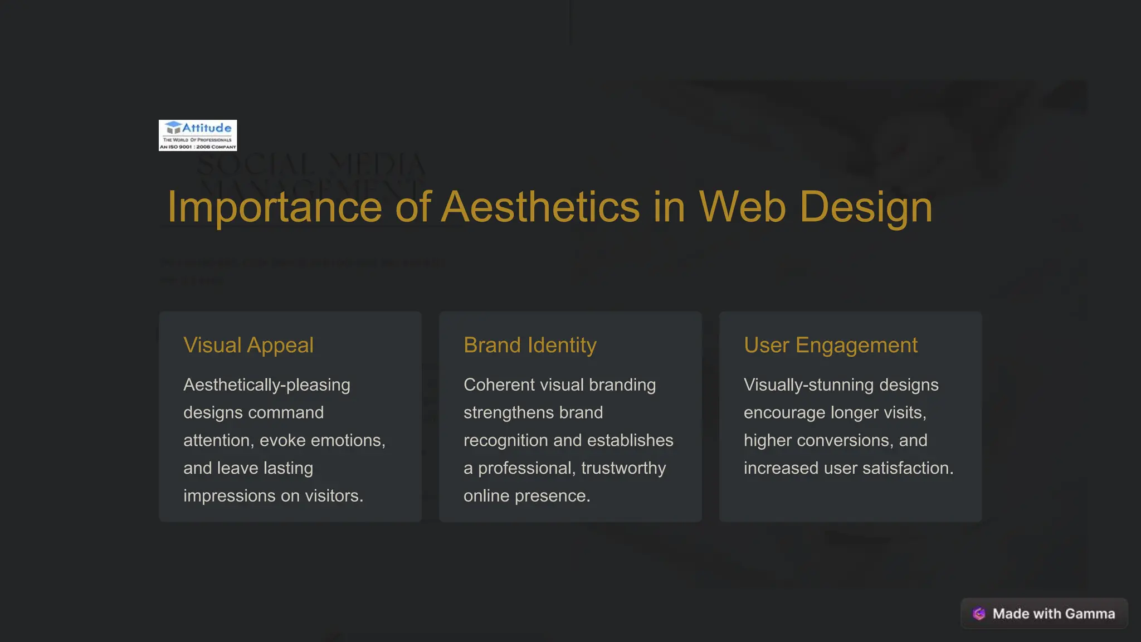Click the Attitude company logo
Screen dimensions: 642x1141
point(198,135)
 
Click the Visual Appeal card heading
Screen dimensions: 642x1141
point(248,346)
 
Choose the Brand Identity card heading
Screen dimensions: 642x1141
point(530,346)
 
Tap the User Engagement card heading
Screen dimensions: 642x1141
point(830,346)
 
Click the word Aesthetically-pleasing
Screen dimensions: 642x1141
point(267,385)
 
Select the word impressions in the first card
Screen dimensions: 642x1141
point(230,496)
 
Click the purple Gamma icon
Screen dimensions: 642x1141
point(979,614)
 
